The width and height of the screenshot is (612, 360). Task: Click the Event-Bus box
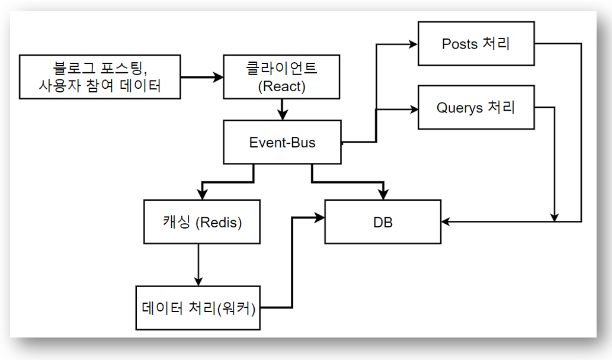282,142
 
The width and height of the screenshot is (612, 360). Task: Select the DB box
383,222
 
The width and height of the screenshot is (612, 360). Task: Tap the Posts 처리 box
476,44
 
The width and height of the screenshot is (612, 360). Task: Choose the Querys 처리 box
476,108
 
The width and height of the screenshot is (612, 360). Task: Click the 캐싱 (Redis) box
202,222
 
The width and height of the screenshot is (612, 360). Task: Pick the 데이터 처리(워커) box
198,308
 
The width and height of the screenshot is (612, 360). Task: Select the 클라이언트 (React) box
281,77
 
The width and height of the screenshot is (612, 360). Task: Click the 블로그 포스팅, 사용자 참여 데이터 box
100,77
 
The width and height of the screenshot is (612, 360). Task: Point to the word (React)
282,86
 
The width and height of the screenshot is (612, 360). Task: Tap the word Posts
460,44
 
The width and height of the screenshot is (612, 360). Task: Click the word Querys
459,108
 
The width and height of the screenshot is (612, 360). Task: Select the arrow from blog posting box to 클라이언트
201,77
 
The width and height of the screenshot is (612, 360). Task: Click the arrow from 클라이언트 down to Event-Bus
282,109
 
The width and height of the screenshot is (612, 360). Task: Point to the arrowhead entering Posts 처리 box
413,44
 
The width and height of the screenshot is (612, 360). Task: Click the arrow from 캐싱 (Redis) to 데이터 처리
198,264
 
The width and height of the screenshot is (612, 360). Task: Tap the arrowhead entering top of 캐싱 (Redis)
202,195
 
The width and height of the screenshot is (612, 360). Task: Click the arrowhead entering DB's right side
446,222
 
